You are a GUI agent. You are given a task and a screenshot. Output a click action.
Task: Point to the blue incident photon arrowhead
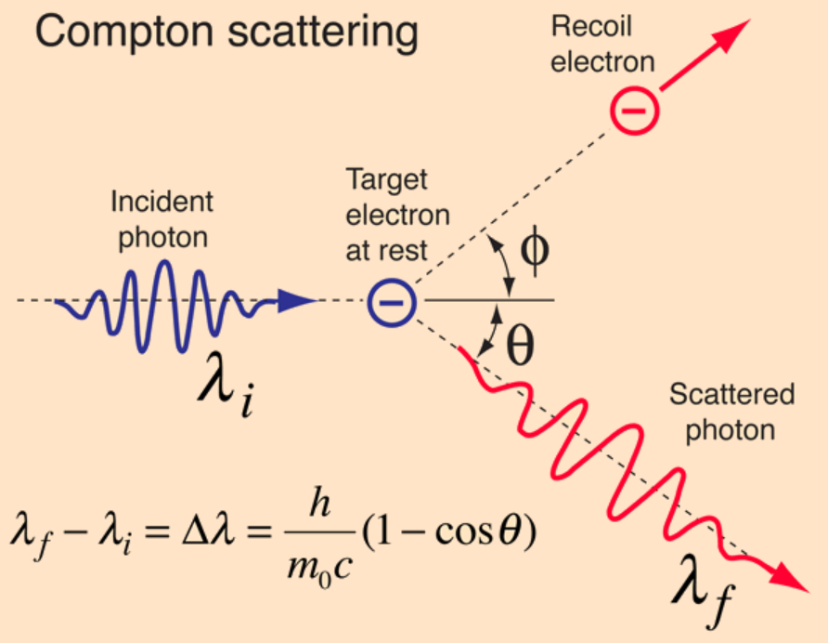point(297,300)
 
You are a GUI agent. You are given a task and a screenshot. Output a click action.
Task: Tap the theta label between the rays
point(520,347)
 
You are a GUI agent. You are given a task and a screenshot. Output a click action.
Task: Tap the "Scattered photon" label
point(733,413)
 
